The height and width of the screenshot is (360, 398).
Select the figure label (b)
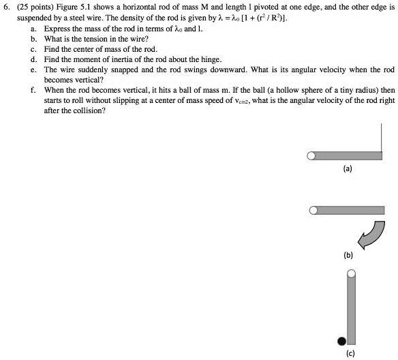(348, 256)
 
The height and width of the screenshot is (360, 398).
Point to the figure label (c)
(350, 352)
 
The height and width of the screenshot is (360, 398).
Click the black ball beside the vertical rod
(341, 340)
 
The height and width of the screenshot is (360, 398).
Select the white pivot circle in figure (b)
(313, 211)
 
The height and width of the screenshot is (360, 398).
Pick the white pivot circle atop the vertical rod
(350, 274)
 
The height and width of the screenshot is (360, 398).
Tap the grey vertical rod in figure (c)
(351, 310)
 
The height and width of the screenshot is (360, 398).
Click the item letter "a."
(34, 30)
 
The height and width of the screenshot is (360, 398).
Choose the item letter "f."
(34, 89)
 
